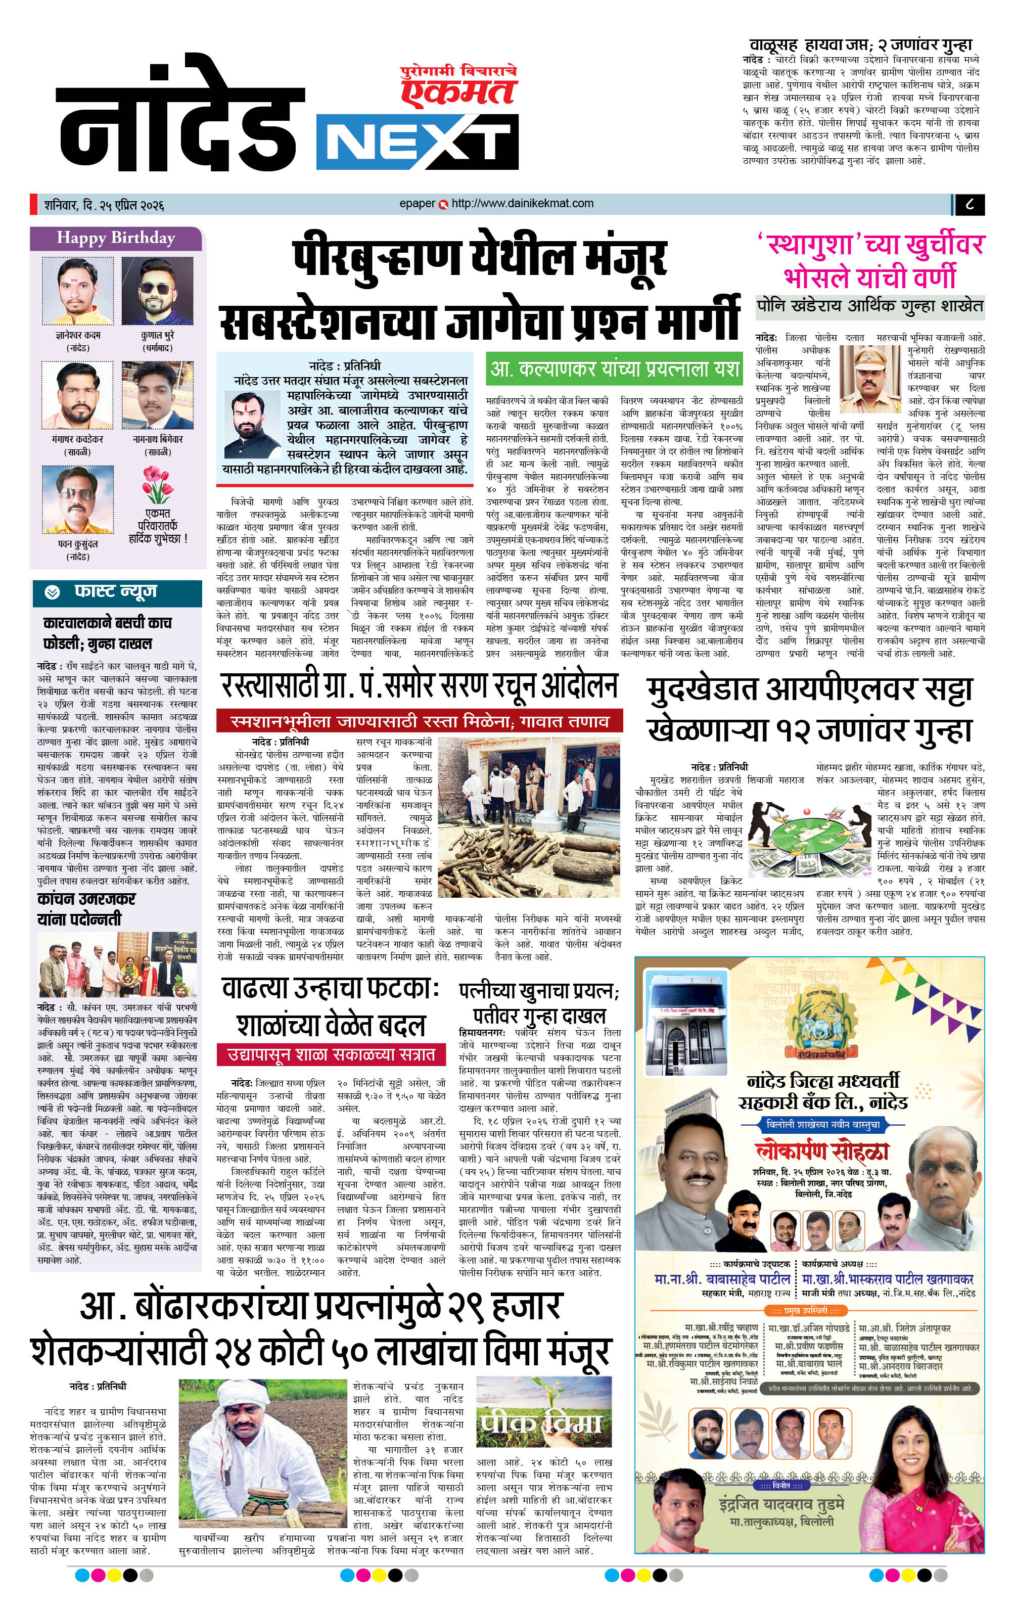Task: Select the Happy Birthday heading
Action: (116, 238)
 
